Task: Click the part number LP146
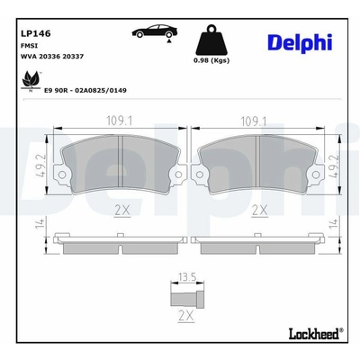(x=35, y=33)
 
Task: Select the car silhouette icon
(x=155, y=31)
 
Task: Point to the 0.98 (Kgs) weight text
(x=211, y=60)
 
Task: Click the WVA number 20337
(x=73, y=56)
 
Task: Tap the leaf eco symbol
(x=31, y=81)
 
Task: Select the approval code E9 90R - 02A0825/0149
(x=85, y=90)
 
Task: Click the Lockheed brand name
(x=314, y=334)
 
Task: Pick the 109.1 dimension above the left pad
(x=120, y=121)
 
